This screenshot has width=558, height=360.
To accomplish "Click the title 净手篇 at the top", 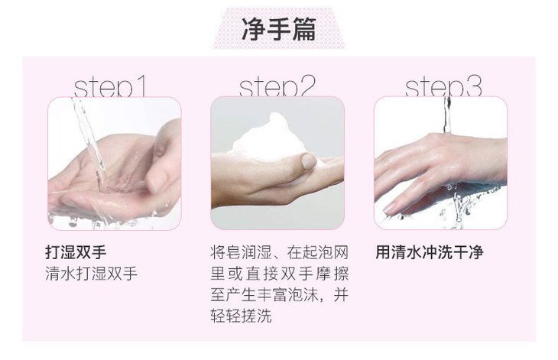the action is coord(279,29).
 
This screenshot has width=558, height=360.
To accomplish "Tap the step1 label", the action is coord(110,86).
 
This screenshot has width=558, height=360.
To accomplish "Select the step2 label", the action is coord(277,86).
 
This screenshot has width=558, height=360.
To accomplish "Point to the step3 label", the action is coord(443,86).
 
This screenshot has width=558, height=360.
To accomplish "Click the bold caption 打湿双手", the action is coord(76,252).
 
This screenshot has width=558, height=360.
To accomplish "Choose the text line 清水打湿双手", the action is coord(91,274).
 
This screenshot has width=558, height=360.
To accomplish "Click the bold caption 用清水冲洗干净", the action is coord(430,252).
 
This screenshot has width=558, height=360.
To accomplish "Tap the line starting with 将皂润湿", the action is coord(279,252).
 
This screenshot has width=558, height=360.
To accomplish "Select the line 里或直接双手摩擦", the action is coord(279,274).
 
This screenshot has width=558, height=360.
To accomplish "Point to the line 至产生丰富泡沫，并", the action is coord(279,295).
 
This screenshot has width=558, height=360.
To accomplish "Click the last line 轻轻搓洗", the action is coord(241,316).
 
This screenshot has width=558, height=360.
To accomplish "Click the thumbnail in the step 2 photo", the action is coord(309,161).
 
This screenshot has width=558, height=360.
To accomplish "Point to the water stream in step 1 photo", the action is coord(89,142).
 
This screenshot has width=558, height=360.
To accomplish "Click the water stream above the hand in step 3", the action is coord(447,115).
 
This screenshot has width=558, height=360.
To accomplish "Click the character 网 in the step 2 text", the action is coord(341,252).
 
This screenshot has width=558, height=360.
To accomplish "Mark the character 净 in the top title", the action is coord(254,29).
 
